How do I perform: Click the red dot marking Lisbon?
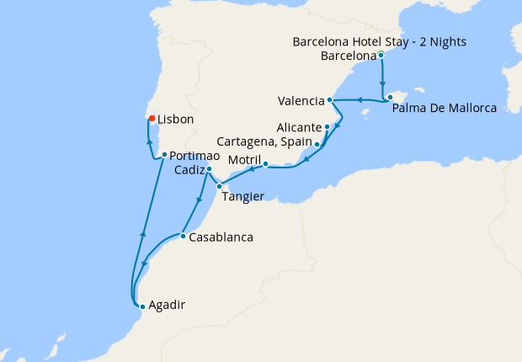pos(152,119)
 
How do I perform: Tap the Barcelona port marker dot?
pos(382,56)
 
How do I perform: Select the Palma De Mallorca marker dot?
pos(390,98)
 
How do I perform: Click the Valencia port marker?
pos(330,100)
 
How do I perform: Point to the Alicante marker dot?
pos(327,127)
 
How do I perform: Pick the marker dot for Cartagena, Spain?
pos(317,144)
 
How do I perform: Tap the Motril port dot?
pos(265,164)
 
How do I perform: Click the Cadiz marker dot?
pos(209,169)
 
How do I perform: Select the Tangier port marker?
pos(219,186)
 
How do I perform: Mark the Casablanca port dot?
pos(183,236)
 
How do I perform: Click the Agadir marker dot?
pos(142,306)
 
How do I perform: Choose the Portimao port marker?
pos(164,155)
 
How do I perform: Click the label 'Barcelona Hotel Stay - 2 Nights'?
pos(379,41)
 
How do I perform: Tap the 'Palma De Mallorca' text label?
pos(445,108)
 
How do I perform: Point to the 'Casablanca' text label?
pos(221,237)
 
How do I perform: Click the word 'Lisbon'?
pos(175,120)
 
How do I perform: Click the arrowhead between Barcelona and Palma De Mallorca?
pos(383,85)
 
